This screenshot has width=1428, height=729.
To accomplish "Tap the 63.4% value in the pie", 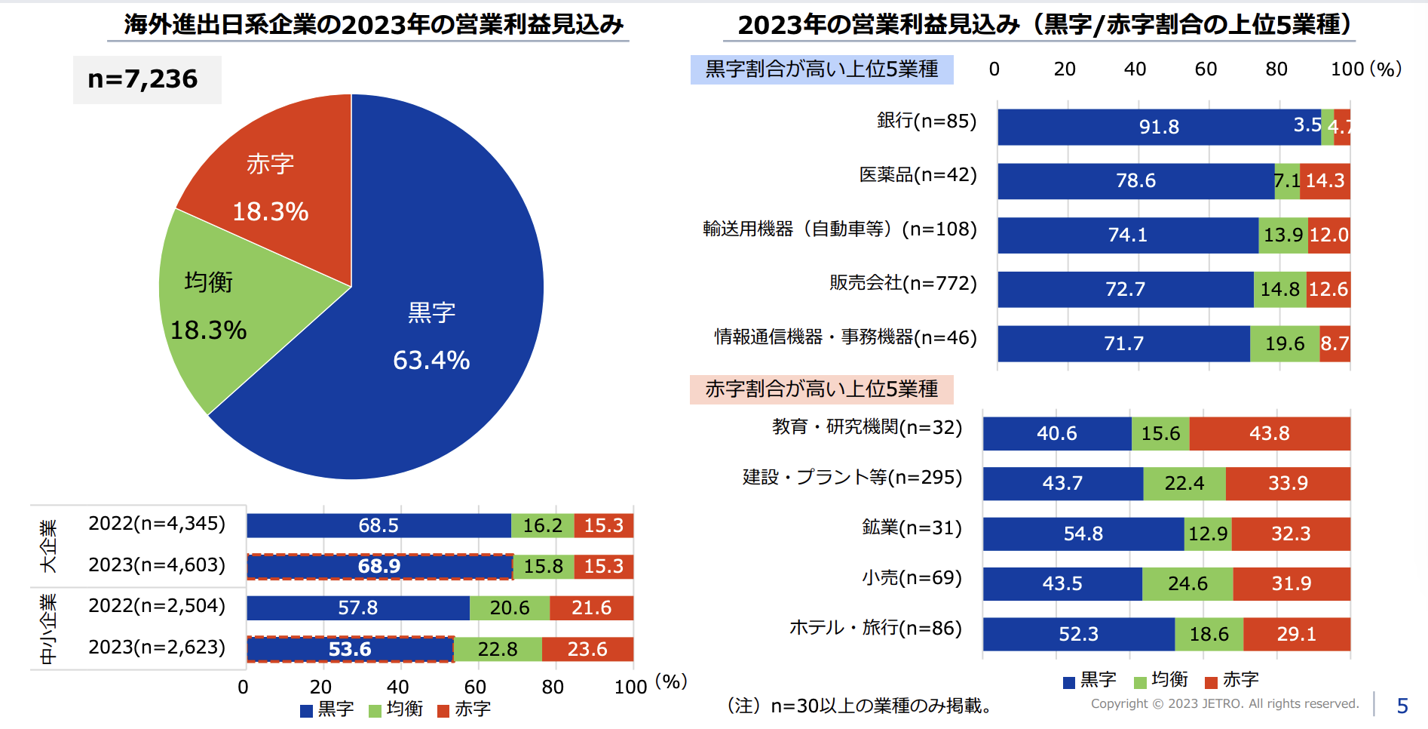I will (431, 360).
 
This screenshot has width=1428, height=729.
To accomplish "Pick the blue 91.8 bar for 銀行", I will (1158, 127).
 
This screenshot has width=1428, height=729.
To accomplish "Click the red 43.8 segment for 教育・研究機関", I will (1269, 434).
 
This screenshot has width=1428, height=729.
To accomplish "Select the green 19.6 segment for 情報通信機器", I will (1284, 344).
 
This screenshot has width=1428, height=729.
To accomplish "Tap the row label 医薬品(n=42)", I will (918, 175).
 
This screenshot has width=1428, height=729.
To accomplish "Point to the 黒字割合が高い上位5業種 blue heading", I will (821, 69).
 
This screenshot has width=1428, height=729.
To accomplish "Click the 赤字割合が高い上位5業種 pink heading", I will (821, 389).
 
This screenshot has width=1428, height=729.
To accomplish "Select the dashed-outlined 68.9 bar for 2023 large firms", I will (379, 567).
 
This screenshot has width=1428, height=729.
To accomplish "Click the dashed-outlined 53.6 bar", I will (350, 649).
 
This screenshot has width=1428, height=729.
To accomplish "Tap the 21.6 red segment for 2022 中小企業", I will (591, 608).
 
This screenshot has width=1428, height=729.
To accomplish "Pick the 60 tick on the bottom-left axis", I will (475, 687).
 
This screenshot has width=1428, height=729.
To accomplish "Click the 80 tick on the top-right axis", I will (1276, 69).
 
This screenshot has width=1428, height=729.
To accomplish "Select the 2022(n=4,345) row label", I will (157, 524).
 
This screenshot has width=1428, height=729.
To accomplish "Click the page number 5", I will (1402, 706).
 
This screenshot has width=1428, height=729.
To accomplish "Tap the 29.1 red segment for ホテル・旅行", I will (1296, 635).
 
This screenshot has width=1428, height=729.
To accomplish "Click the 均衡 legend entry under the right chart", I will (1161, 680).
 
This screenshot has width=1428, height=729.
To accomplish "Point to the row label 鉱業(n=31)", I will (912, 528).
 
